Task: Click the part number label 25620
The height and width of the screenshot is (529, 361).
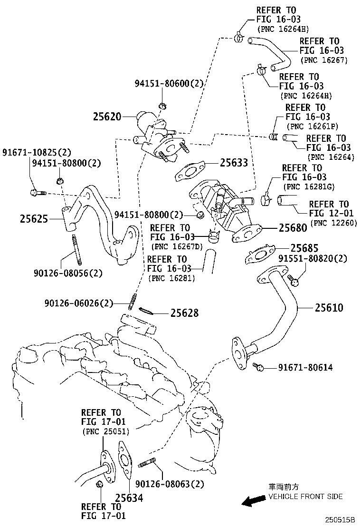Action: coord(107,117)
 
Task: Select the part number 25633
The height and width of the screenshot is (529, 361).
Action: coord(234,163)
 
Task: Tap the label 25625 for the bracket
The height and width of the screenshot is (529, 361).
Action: coord(34,219)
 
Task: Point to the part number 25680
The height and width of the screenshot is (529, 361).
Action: coord(293,228)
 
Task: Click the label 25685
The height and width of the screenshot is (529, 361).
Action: coord(304,248)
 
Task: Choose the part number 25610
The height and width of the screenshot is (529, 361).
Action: coord(328,308)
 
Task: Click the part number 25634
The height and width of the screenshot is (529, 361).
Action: coord(129,498)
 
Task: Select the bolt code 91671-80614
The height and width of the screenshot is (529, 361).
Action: coord(305,367)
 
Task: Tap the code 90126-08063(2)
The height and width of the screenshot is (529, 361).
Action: coord(170,484)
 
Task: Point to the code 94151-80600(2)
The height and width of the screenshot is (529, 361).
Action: coord(169,84)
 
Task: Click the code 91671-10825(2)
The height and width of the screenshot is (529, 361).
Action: coord(36,153)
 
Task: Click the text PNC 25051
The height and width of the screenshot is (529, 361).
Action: coord(105,431)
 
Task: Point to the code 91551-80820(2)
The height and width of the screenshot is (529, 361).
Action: coord(313,259)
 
